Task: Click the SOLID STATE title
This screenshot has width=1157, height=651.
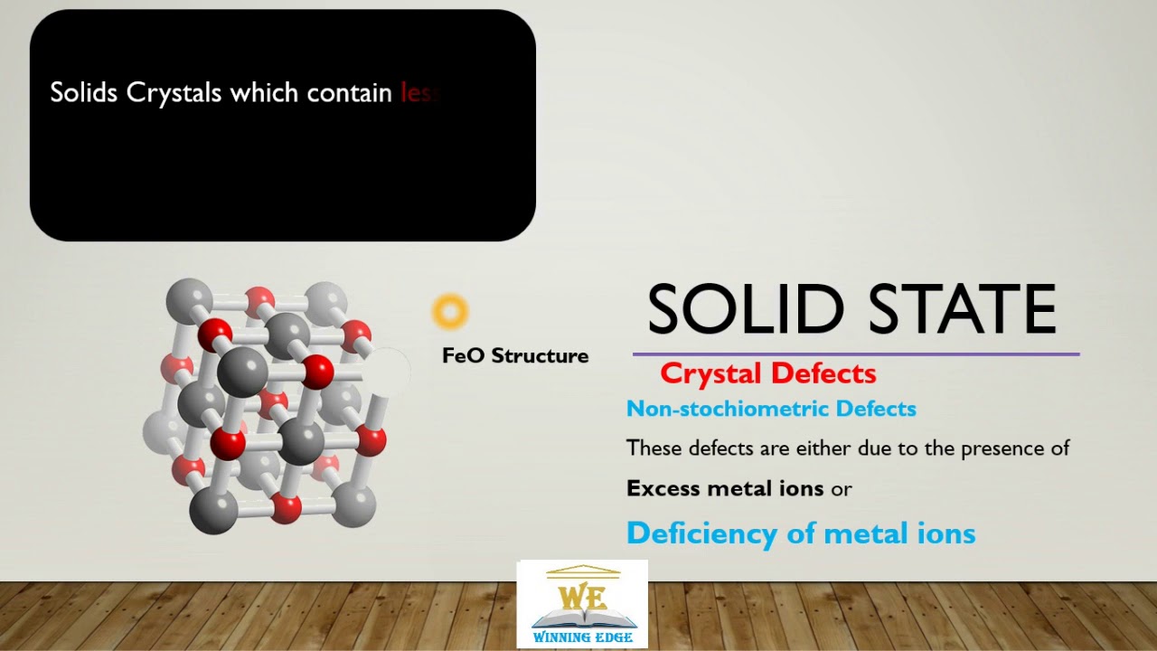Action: click(x=851, y=310)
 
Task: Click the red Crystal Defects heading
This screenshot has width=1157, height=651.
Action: click(x=767, y=373)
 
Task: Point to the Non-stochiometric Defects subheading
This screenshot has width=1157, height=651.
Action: click(x=771, y=409)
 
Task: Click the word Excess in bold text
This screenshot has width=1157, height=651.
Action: click(x=663, y=488)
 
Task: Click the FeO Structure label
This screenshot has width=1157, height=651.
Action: click(x=515, y=355)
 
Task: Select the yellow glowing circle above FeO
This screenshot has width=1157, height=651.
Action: click(x=450, y=312)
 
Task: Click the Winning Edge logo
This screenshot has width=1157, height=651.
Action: click(x=582, y=603)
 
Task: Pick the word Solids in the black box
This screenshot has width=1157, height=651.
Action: click(x=84, y=93)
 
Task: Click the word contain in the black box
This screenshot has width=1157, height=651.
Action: click(x=349, y=93)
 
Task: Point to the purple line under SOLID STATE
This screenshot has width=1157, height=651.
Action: click(x=855, y=354)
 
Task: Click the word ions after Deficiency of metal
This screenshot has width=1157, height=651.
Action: click(x=946, y=533)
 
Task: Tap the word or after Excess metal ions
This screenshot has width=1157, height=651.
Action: click(x=842, y=488)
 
